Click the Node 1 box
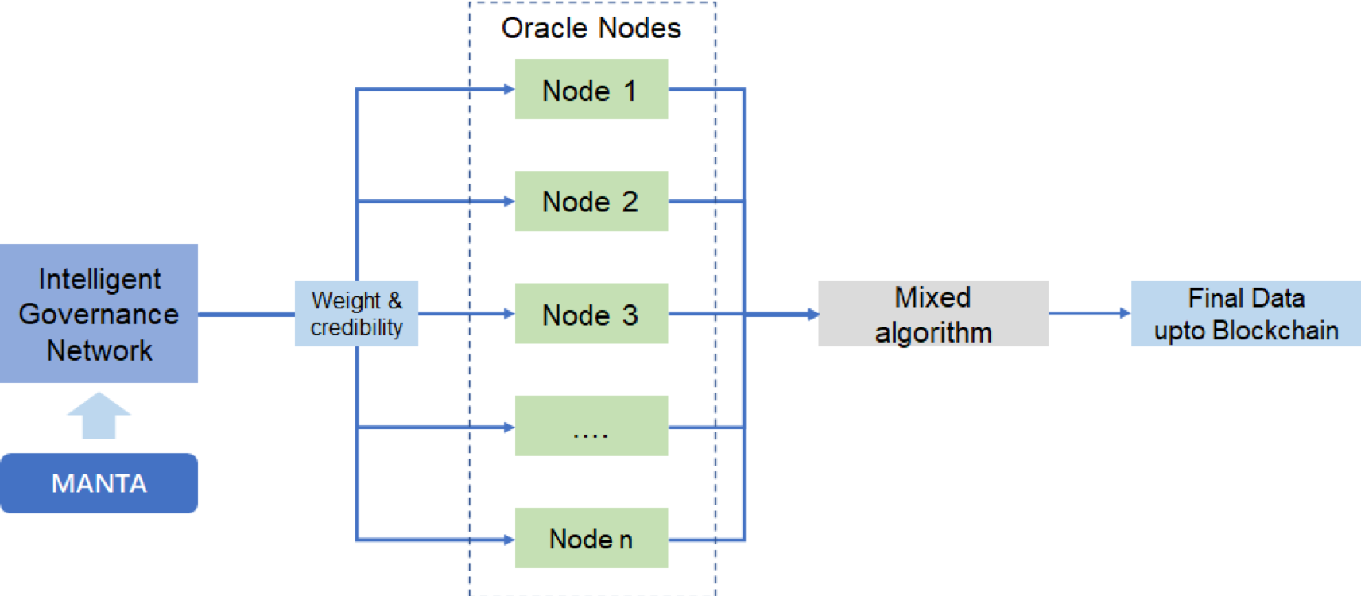coord(591,89)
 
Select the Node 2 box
coord(591,201)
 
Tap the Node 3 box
coord(591,313)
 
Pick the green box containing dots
coord(591,426)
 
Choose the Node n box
coord(591,538)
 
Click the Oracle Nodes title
coord(591,28)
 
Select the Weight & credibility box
coord(357,313)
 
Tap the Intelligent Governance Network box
coord(99,313)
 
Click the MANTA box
coord(99,484)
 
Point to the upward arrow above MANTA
coord(99,416)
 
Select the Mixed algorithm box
coord(933,313)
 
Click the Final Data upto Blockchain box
coord(1246,313)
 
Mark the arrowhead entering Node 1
coord(510,89)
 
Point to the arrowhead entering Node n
coord(510,540)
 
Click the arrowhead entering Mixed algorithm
coord(813,314)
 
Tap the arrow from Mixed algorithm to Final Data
coord(1090,313)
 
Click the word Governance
coord(99,315)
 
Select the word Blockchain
coord(1275,331)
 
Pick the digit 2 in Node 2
coord(630,202)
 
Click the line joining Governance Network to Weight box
coord(246,314)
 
